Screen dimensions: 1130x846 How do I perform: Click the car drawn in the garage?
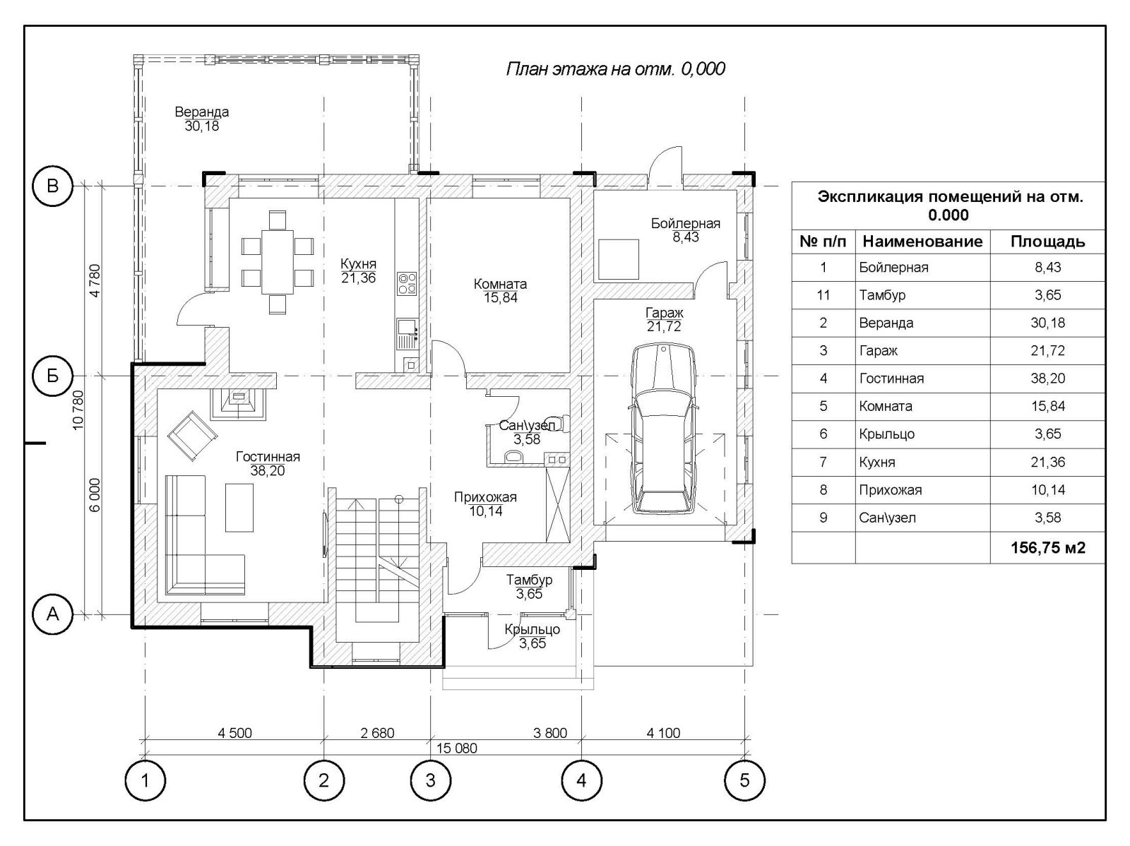click(x=664, y=429)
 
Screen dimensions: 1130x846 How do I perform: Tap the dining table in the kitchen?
click(x=278, y=262)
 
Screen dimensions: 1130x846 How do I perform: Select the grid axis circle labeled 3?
click(x=430, y=780)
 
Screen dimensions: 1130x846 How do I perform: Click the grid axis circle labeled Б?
click(x=52, y=376)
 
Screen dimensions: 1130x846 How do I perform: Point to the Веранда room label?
click(x=202, y=112)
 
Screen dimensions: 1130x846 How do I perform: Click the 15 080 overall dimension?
click(x=457, y=748)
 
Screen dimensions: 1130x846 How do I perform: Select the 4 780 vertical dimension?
click(x=95, y=280)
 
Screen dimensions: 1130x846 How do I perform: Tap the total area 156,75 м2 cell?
click(x=1047, y=547)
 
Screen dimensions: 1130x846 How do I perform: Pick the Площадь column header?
click(x=1047, y=242)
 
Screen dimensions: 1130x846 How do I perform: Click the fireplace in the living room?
click(x=238, y=404)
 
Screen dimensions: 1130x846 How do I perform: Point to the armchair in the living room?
click(x=192, y=436)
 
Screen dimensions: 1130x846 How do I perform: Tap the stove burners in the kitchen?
click(x=407, y=284)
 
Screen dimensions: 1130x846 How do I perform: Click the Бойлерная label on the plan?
click(x=685, y=223)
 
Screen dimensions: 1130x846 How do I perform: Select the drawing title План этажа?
click(x=615, y=68)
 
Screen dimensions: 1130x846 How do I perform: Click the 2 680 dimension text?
click(x=377, y=733)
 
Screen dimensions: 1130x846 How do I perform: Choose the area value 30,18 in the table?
click(x=1047, y=323)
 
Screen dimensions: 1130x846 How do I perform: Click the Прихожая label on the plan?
click(x=485, y=497)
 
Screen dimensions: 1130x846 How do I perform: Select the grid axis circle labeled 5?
click(x=744, y=780)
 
